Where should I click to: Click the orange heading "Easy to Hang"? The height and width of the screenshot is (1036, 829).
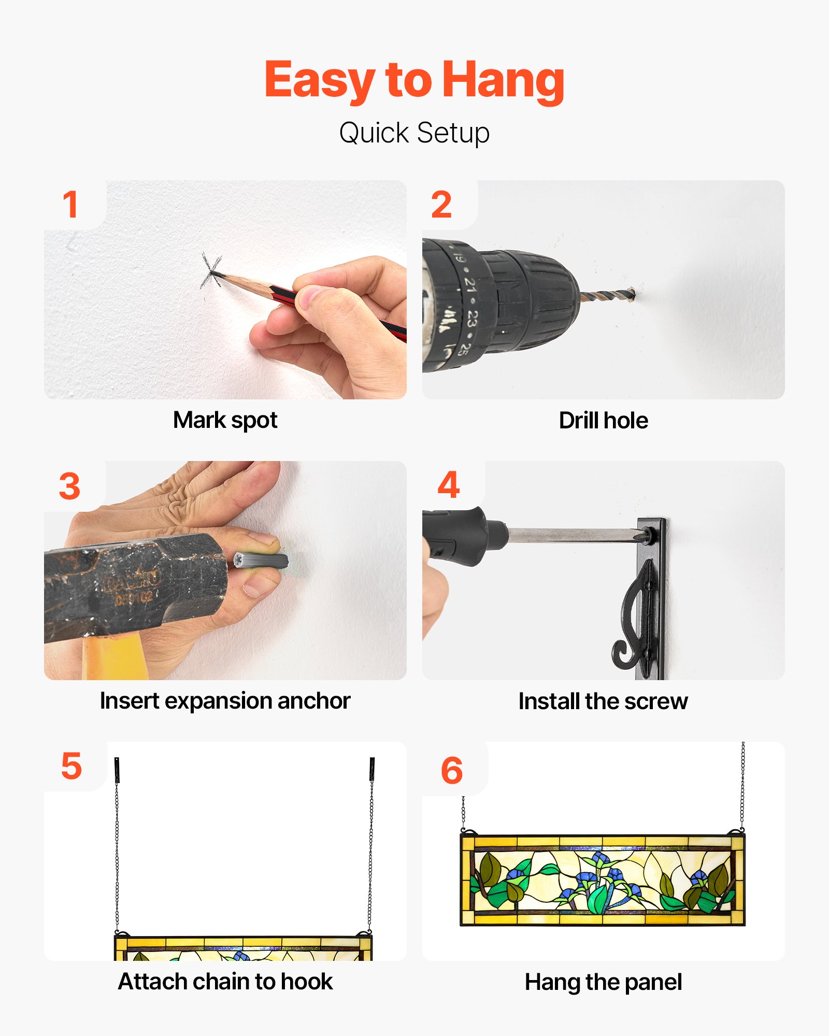click(414, 81)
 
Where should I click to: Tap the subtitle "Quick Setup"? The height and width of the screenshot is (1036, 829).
click(414, 133)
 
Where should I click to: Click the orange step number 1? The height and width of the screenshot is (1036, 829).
click(70, 204)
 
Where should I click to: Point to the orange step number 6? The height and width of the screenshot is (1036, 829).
click(451, 770)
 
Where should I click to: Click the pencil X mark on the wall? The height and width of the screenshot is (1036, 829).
click(211, 271)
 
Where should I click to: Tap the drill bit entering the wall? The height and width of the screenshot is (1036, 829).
click(608, 296)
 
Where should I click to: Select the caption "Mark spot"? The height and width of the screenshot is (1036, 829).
click(225, 420)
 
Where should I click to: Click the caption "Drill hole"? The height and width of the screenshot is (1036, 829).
click(604, 420)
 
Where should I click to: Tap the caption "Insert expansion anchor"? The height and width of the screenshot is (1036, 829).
click(225, 701)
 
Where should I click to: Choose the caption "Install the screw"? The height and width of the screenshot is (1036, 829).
click(604, 701)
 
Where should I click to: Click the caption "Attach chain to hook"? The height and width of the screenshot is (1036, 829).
click(225, 982)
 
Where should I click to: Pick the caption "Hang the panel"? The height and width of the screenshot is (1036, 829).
click(604, 982)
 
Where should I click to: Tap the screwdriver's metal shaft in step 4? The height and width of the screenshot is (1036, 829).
click(573, 535)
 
